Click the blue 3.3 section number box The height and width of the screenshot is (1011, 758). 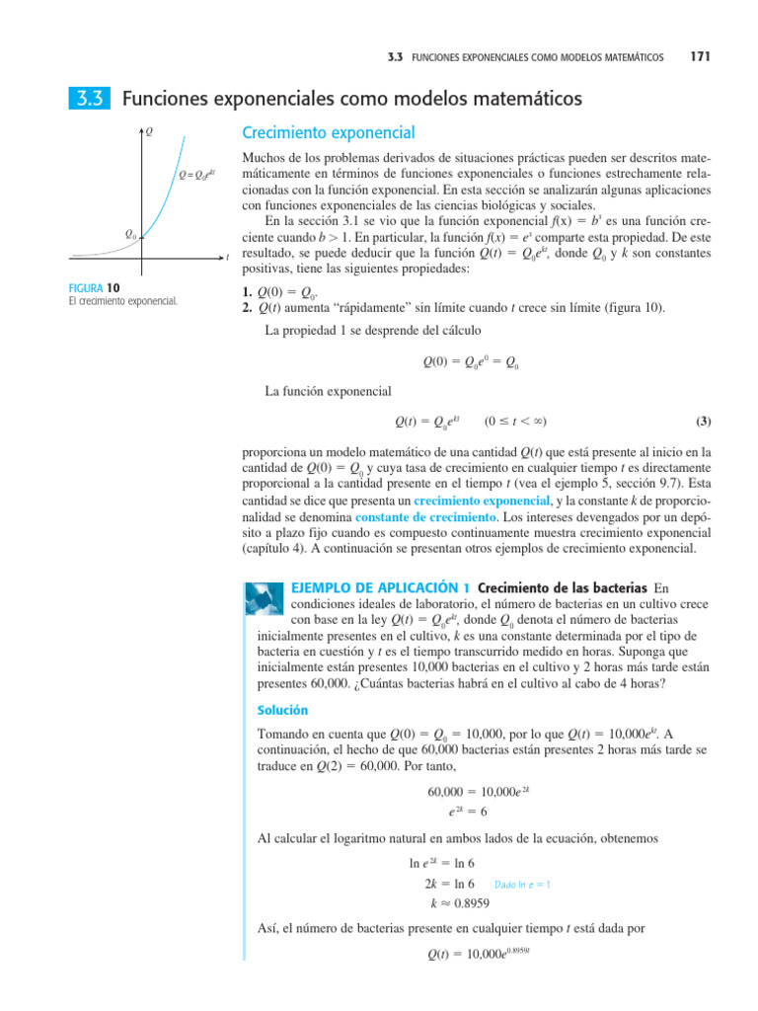[x=88, y=100]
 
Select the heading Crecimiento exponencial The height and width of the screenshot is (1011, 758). [x=328, y=132]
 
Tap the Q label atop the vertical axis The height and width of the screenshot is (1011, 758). [x=149, y=130]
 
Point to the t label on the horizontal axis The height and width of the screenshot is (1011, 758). [x=228, y=257]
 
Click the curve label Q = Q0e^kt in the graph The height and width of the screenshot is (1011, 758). [x=196, y=175]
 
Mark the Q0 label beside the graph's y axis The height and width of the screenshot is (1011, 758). [x=129, y=234]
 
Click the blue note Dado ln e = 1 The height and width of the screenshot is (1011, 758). [x=522, y=885]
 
